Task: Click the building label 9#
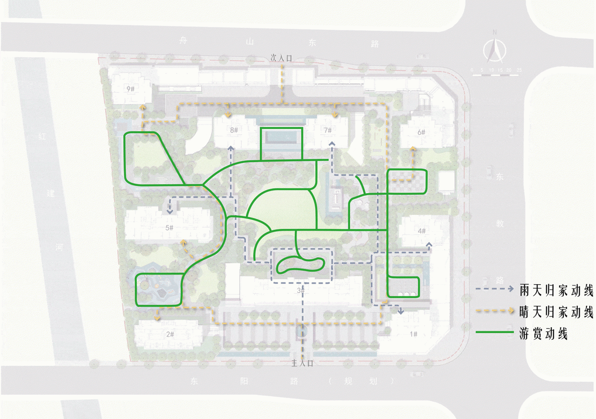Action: [130, 89]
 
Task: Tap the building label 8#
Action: [234, 131]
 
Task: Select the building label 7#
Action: [328, 131]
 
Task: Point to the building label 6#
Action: [421, 132]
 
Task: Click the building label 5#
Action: [169, 228]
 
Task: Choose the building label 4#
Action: [422, 231]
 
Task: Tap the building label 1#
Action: [413, 334]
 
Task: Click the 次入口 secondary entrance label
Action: [281, 59]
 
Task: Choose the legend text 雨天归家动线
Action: [556, 291]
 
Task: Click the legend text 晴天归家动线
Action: [556, 312]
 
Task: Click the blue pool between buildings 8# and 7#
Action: [281, 137]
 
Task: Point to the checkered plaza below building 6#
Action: [407, 181]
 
